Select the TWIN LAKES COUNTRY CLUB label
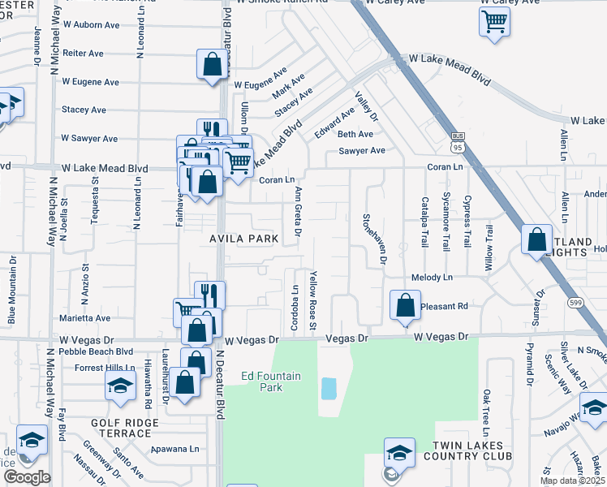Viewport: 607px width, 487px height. (470, 452)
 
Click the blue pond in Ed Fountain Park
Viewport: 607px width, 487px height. (329, 389)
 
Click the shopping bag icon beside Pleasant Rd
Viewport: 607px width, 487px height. (405, 305)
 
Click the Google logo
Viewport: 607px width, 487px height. (26, 477)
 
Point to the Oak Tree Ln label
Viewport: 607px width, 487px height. (487, 409)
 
